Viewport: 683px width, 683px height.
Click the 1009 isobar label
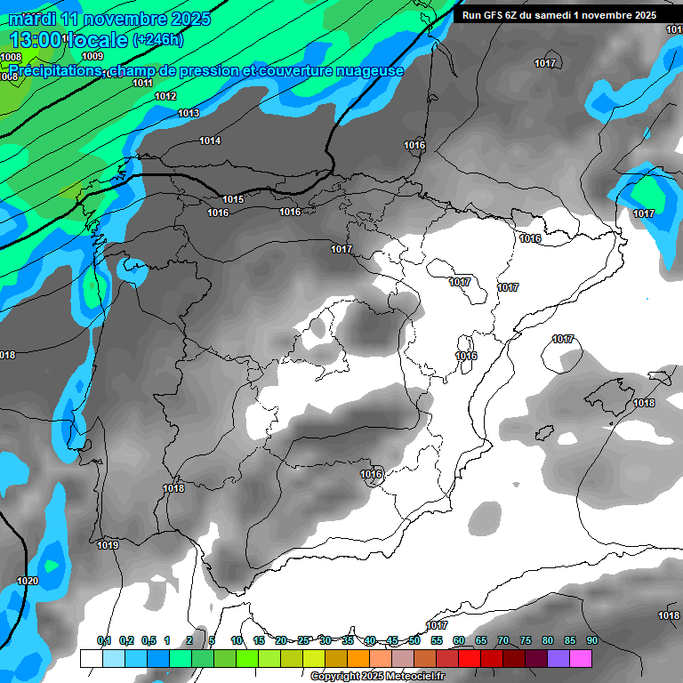[x=92, y=56]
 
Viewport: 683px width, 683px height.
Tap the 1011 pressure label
[x=142, y=83]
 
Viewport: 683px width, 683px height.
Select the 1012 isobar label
[x=165, y=96]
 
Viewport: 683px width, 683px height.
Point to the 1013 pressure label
[x=189, y=113]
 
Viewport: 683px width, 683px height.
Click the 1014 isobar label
[x=210, y=141]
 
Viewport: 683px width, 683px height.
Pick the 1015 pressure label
[x=233, y=199]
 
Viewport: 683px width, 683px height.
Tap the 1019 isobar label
[x=108, y=545]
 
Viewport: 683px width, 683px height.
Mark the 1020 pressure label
[x=28, y=581]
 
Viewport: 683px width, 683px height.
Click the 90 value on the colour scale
[x=592, y=640]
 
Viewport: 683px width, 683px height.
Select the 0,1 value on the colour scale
[x=104, y=640]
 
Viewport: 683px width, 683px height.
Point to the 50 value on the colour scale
[x=414, y=640]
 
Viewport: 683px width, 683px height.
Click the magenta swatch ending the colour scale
[x=581, y=658]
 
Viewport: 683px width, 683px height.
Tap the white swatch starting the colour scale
[x=91, y=658]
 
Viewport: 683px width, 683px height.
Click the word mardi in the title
[x=32, y=19]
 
